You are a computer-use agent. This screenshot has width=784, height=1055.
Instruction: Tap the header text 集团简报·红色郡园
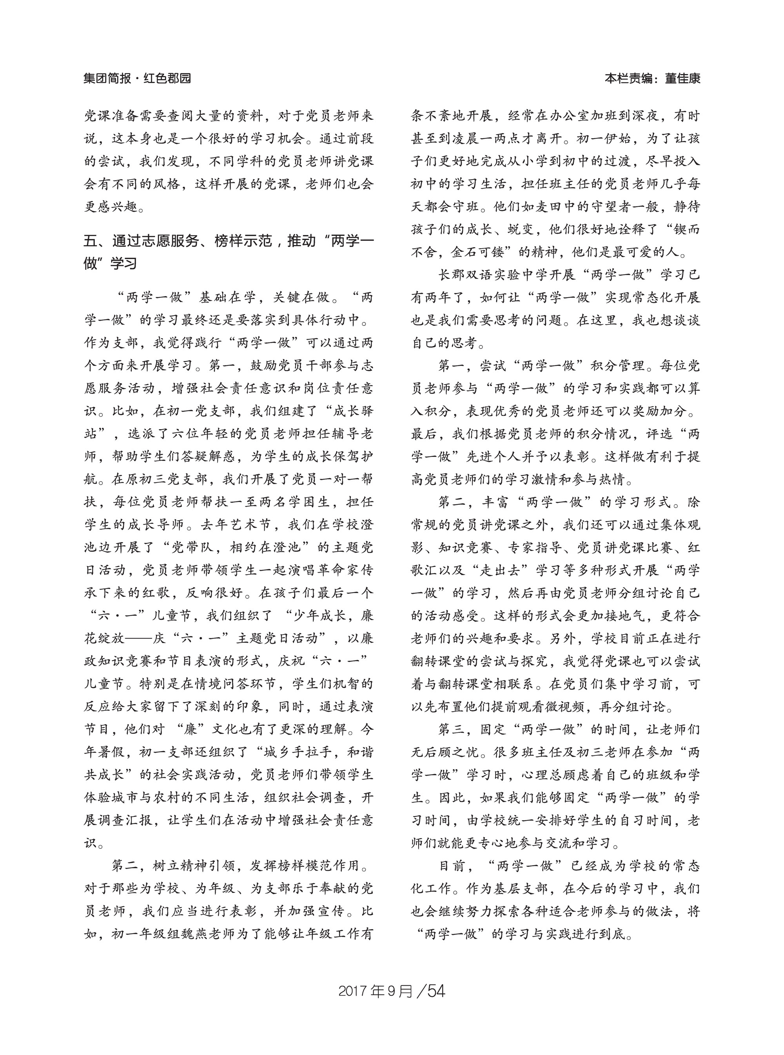click(137, 78)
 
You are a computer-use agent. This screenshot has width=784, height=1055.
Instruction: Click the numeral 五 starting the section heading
click(90, 241)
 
